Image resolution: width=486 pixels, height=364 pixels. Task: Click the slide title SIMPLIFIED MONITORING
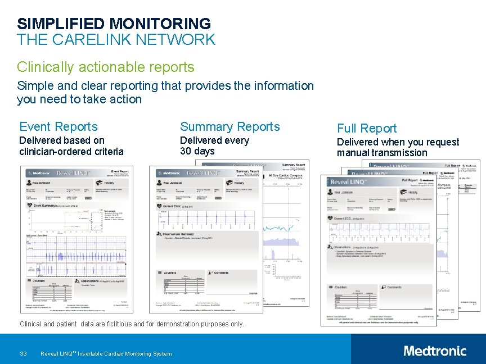click(x=114, y=24)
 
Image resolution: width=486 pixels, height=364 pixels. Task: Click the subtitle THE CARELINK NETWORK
click(x=116, y=40)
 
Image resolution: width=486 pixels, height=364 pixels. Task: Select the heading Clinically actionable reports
click(x=105, y=67)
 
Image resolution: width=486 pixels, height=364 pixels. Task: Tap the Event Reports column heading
click(x=58, y=127)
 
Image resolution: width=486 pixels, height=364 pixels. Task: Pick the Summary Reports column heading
click(x=229, y=127)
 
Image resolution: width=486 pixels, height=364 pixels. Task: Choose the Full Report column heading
click(x=367, y=128)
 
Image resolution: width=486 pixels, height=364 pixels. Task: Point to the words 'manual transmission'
click(x=382, y=153)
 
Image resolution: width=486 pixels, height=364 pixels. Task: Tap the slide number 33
click(x=23, y=353)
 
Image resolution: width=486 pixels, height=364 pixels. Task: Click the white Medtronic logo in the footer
click(x=435, y=351)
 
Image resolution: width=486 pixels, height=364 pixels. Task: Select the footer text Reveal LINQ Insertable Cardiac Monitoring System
click(x=106, y=353)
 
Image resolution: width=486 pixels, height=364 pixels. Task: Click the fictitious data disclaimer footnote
click(x=132, y=324)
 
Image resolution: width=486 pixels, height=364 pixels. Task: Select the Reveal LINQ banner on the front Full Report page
click(x=349, y=182)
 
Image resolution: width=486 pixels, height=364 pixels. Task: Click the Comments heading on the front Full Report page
click(x=394, y=287)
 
